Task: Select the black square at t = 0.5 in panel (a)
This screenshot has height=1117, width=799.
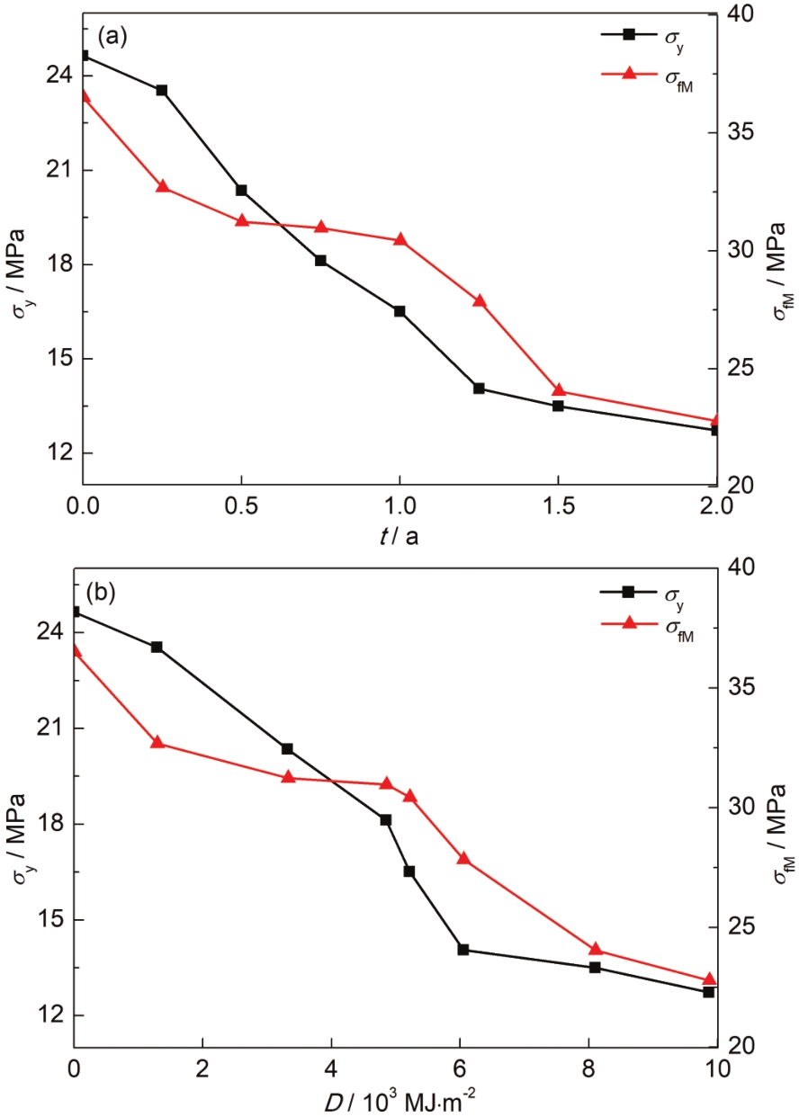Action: [241, 190]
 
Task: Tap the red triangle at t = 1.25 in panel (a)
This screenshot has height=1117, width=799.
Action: [479, 300]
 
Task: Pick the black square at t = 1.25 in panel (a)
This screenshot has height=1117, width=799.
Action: [479, 389]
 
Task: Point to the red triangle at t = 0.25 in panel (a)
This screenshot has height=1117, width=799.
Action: [163, 186]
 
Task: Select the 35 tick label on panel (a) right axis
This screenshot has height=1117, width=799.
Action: [743, 131]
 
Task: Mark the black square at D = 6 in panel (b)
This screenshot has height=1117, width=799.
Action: [463, 949]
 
